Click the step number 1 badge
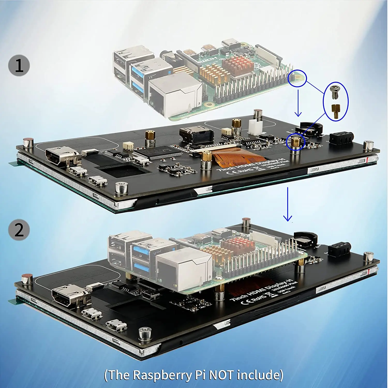pyautogui.click(x=19, y=65)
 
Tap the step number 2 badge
pyautogui.click(x=19, y=230)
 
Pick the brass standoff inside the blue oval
pyautogui.click(x=335, y=111)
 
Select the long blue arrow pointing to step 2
pyautogui.click(x=287, y=204)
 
